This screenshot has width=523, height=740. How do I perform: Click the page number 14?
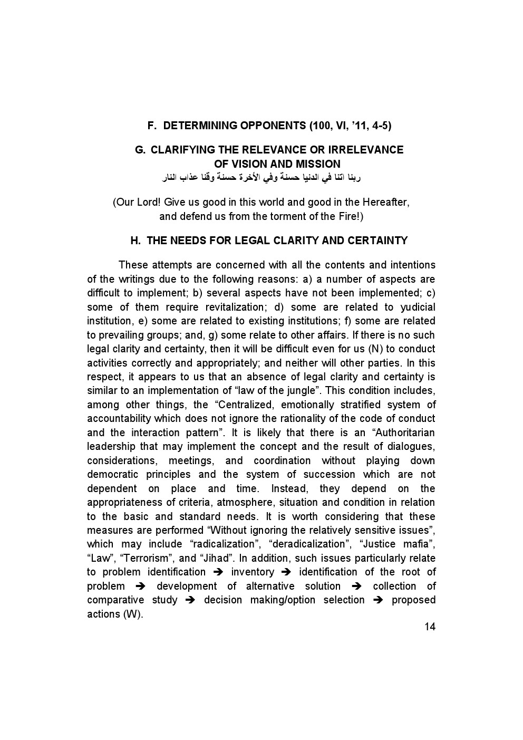tap(429, 627)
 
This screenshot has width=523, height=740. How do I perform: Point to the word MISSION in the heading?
tap(317, 164)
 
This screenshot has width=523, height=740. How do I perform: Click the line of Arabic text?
tap(261, 178)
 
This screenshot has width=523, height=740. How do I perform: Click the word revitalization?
tap(245, 307)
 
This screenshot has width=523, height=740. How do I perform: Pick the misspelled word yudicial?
tap(418, 307)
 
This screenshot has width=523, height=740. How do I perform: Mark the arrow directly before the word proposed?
tap(378, 600)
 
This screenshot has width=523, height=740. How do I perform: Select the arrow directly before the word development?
tap(140, 587)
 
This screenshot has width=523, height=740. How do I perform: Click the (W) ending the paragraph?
tap(132, 614)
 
